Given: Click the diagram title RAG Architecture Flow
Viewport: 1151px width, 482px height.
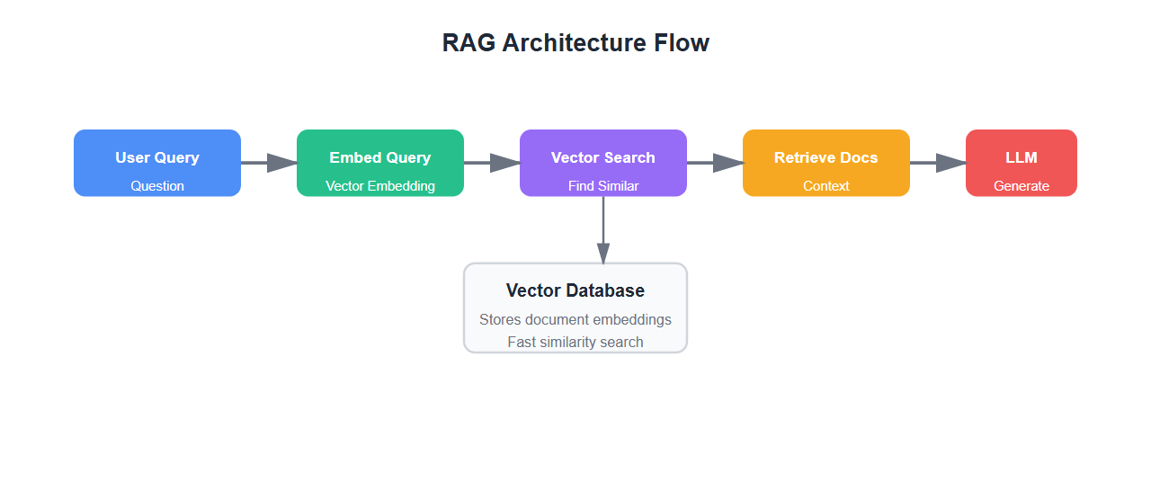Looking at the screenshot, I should pos(575,42).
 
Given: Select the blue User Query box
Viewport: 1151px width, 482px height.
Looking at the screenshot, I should pos(157,163).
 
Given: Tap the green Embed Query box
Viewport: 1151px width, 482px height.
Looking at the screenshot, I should pos(380,163).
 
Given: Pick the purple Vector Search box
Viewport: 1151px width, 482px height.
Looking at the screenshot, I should pos(603,163).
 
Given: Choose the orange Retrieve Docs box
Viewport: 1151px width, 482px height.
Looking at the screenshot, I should pos(826,163).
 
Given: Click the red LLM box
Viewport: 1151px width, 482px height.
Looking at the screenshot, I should pos(1022,163).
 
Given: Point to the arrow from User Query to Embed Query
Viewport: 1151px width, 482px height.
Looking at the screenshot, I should pos(269,163).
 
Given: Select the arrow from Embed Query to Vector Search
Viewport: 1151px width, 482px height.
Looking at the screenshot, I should pos(492,163).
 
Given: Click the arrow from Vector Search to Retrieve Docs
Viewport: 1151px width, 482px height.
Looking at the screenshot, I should pos(715,163).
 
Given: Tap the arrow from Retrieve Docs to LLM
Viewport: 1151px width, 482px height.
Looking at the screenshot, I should pos(938,163).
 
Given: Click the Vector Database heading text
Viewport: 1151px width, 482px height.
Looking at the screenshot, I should pos(575,290).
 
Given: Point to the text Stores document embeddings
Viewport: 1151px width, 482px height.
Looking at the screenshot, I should pos(575,319).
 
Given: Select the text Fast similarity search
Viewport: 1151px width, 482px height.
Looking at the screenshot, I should pos(575,342).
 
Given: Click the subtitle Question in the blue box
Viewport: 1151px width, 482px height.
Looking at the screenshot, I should pos(157,186).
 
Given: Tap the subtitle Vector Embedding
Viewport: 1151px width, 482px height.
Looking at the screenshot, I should pos(380,186).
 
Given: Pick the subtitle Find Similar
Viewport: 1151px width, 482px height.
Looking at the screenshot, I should pos(603,186).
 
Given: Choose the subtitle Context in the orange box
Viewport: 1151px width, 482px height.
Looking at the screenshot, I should pos(826,186).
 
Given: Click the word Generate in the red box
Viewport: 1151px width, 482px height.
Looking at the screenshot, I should pos(1022,186).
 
